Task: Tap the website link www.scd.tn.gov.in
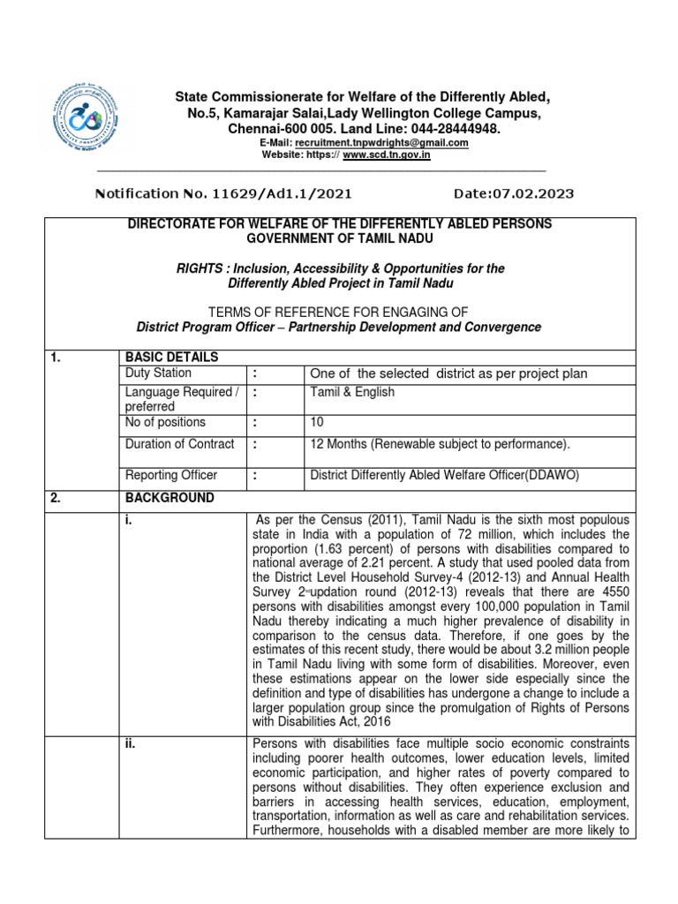tap(386, 154)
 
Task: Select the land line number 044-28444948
tap(449, 129)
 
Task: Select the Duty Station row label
tap(158, 373)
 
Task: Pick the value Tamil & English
tap(352, 392)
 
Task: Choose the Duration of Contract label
tap(180, 444)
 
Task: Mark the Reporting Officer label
tap(171, 476)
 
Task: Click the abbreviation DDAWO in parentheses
tap(553, 476)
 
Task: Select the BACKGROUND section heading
tap(169, 498)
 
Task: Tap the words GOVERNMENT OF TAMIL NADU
tap(340, 239)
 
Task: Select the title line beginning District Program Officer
tap(339, 327)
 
